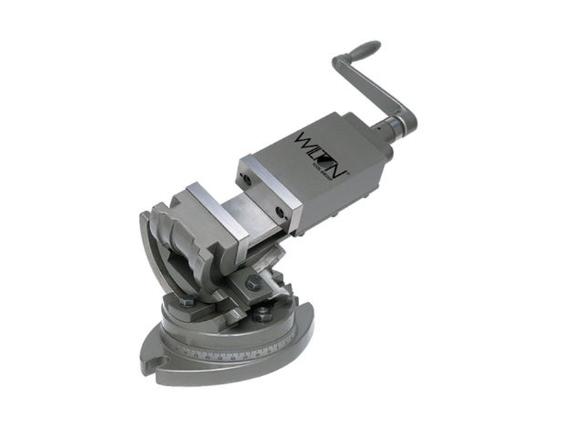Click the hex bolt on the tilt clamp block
click(253, 283)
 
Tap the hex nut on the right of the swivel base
click(262, 312)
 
